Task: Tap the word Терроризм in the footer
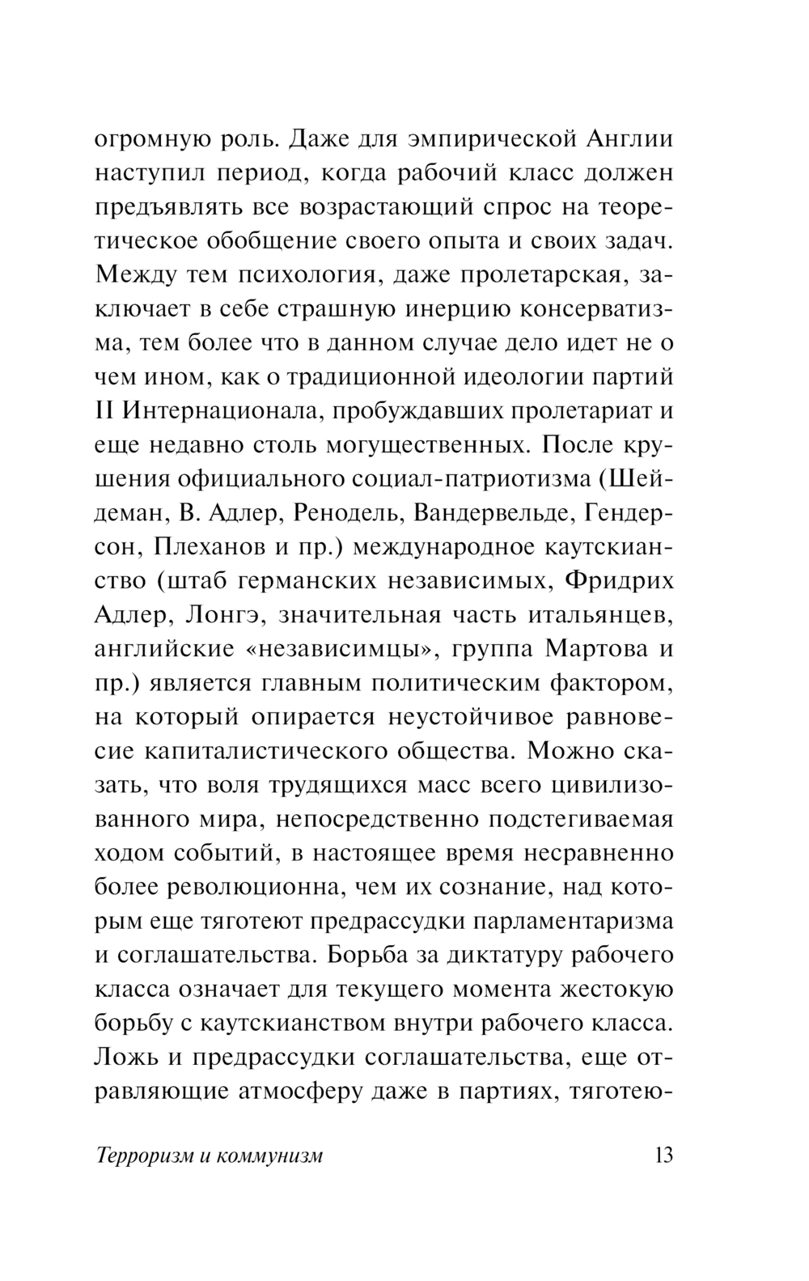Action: tap(142, 1156)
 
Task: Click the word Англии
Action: tap(629, 139)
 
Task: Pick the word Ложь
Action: tap(125, 1057)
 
